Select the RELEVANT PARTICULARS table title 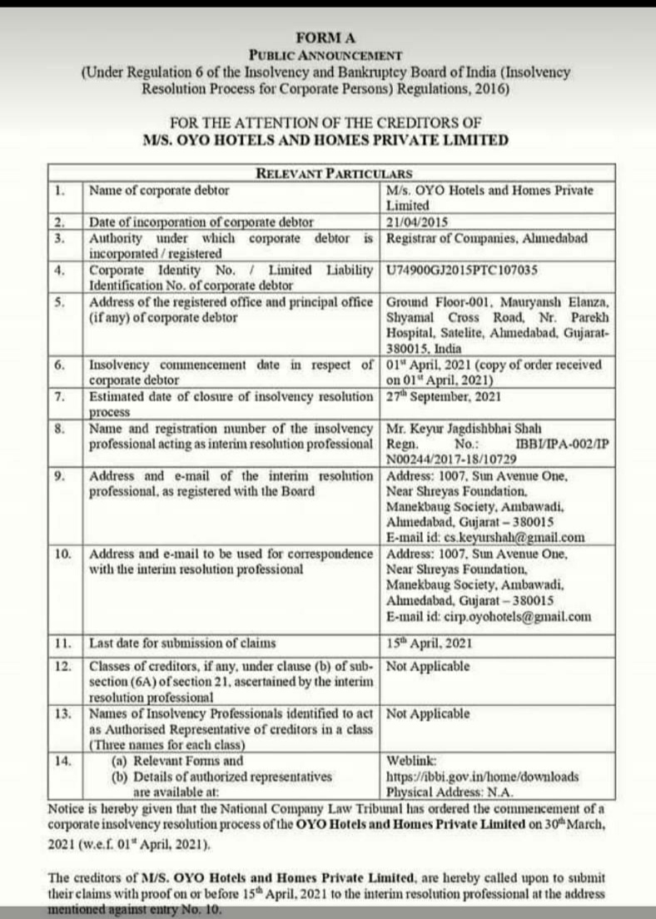coord(334,173)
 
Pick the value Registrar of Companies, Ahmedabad coord(487,237)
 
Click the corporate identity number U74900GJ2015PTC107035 coord(462,270)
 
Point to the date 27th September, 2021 coord(444,396)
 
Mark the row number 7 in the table coord(59,396)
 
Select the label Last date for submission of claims coord(182,643)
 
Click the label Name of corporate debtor coord(159,190)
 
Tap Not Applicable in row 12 coord(428,666)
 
